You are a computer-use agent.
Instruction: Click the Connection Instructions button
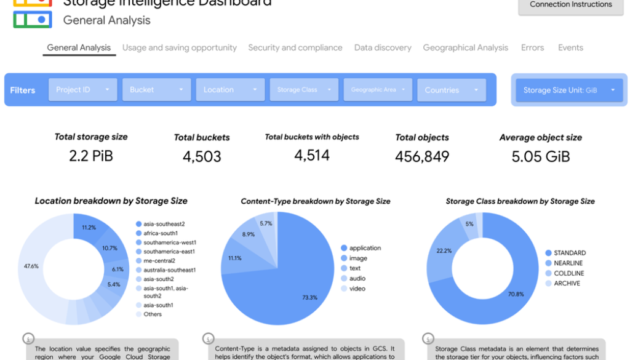click(x=570, y=5)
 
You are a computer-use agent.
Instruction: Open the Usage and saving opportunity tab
click(x=179, y=48)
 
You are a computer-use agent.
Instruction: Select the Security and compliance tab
click(x=295, y=48)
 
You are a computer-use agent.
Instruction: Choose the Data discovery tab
click(x=383, y=48)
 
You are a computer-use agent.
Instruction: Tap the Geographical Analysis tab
click(x=465, y=48)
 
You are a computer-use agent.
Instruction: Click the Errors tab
click(x=532, y=48)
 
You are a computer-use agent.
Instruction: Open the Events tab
click(x=570, y=48)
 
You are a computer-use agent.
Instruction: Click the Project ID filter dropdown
click(x=82, y=90)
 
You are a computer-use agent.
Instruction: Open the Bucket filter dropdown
click(x=156, y=90)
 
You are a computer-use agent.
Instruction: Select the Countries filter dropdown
click(x=451, y=90)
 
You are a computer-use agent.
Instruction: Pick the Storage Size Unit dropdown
click(x=569, y=90)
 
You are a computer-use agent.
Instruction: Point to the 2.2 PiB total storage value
click(x=91, y=156)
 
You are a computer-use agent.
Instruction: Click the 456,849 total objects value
click(x=422, y=156)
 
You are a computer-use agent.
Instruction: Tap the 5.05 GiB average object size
click(x=541, y=156)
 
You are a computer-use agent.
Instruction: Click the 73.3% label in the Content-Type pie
click(x=309, y=297)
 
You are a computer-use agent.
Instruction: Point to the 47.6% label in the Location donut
click(x=31, y=266)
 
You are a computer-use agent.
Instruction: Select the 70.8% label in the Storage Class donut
click(x=516, y=294)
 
